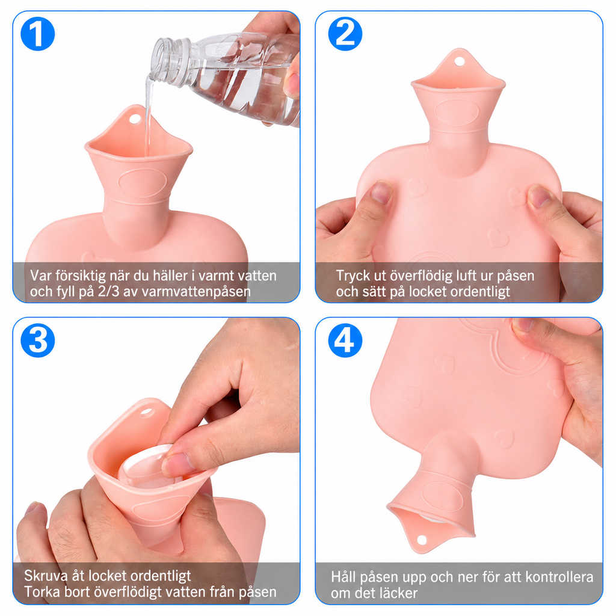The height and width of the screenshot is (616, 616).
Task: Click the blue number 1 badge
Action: (38, 34)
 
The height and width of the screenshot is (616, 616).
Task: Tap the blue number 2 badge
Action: (345, 34)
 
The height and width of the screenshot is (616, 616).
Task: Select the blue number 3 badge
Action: (38, 340)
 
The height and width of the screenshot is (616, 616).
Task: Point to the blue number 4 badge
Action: (345, 340)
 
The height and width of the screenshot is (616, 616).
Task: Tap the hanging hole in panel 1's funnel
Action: (135, 119)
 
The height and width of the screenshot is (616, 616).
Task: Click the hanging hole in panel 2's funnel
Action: (459, 61)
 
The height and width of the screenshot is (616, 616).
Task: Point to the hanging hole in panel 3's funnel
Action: (146, 412)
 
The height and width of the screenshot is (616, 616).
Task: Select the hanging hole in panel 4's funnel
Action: (422, 540)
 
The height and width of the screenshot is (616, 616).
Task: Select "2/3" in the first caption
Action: (108, 292)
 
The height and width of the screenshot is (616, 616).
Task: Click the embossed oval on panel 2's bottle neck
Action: (457, 112)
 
